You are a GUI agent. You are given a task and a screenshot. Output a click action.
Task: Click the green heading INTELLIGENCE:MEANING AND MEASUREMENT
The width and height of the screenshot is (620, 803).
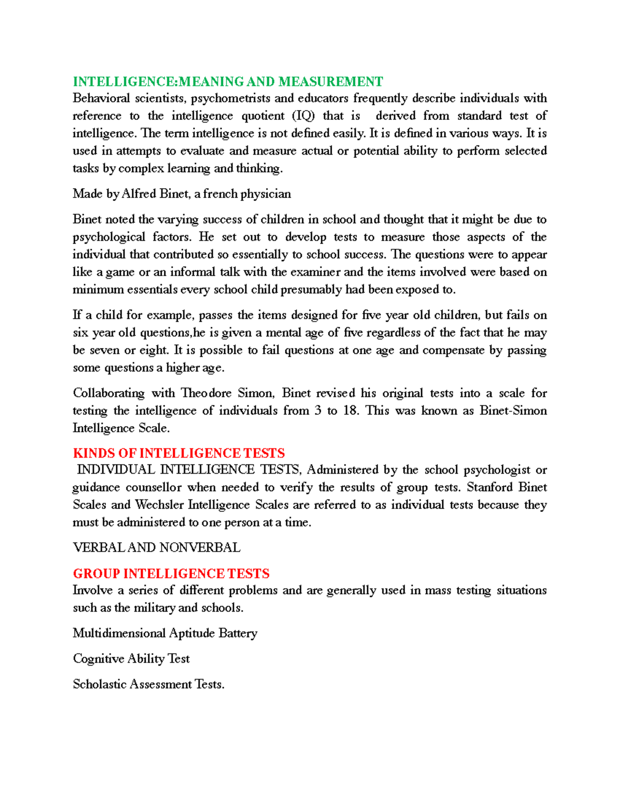(x=228, y=82)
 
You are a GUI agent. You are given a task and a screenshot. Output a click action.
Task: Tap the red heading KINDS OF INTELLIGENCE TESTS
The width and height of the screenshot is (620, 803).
(x=179, y=453)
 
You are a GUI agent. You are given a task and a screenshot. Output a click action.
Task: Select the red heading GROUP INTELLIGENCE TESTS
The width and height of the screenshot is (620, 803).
(x=171, y=574)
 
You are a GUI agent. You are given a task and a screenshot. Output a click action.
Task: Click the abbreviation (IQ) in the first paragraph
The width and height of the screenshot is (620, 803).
(x=303, y=116)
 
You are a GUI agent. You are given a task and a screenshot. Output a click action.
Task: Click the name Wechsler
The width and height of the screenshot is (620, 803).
(x=160, y=505)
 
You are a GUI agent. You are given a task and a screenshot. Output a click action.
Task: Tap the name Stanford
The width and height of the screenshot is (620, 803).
(x=489, y=487)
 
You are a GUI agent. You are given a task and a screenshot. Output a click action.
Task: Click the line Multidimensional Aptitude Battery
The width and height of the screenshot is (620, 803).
(x=165, y=633)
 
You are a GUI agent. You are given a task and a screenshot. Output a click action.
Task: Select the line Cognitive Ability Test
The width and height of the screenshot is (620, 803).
(x=131, y=659)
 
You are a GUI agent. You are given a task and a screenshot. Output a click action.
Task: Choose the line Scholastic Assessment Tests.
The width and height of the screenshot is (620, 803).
(x=148, y=685)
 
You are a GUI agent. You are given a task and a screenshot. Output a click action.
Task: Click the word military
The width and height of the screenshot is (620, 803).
(x=154, y=608)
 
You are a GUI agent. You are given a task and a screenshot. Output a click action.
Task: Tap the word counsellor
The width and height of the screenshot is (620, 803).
(x=153, y=487)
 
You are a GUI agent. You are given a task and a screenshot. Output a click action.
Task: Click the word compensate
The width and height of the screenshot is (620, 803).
(x=453, y=350)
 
